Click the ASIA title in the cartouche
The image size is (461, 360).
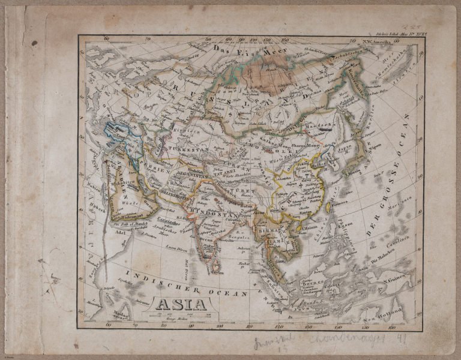point(182,304)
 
